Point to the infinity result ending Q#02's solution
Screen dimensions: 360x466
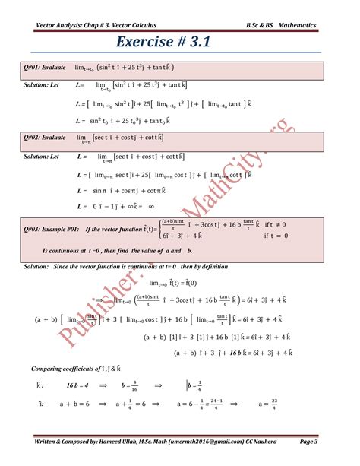coord(151,206)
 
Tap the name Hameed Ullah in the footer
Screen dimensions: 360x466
coord(125,442)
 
